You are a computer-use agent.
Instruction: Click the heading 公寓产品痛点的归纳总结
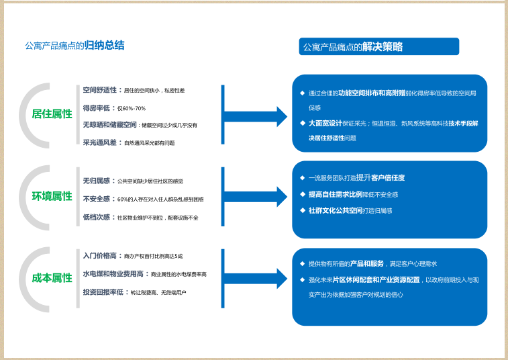coord(74,46)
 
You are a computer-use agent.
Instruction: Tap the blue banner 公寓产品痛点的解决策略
coord(378,46)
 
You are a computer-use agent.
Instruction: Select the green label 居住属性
coord(52,114)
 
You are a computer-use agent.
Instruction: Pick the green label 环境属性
coord(52,196)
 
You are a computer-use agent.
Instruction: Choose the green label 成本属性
coord(52,277)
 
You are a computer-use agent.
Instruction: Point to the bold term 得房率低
coord(96,107)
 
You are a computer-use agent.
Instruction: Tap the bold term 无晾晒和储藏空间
coord(108,125)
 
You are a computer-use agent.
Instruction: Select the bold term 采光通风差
coord(99,142)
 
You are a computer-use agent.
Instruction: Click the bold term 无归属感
coord(96,181)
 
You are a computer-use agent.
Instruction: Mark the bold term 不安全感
coord(96,199)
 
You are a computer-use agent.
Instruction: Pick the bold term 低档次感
coord(96,218)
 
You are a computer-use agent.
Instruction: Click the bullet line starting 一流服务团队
coord(356,178)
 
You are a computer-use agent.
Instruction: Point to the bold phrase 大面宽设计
coord(325,124)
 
